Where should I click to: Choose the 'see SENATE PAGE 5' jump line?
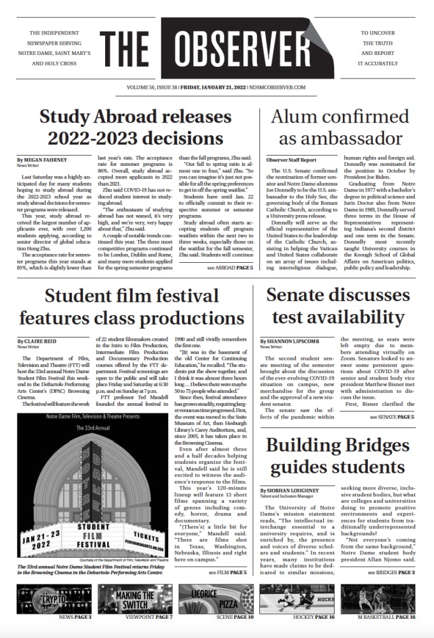[391, 417]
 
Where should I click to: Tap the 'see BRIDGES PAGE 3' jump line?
[391, 572]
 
